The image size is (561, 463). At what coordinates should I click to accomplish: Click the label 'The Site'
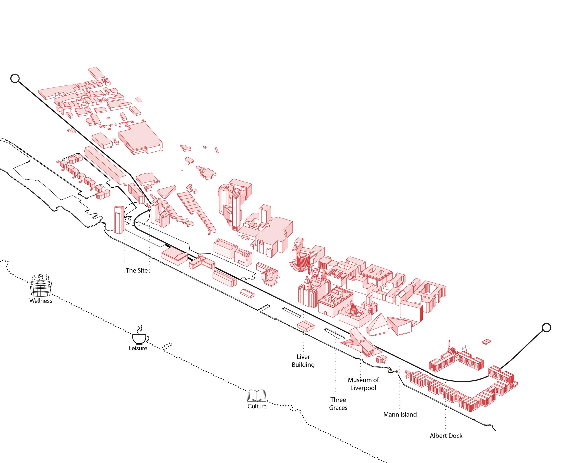coord(137,270)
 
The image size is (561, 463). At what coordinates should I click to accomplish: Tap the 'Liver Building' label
coord(303,361)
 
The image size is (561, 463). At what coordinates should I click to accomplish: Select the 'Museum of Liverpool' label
coord(363,384)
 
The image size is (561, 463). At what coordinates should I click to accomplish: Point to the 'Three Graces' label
coord(338,403)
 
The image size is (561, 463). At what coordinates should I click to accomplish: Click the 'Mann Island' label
coord(400,414)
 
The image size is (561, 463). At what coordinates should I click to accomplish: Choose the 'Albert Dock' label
coord(446,436)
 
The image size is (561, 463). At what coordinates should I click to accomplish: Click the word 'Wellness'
coord(41,301)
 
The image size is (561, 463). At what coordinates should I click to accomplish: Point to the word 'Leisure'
coord(138,348)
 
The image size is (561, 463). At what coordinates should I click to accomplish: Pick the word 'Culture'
coord(257,406)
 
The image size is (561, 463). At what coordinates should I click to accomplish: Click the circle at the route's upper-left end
coord(15,78)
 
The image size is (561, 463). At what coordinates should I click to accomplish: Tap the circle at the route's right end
coord(546,328)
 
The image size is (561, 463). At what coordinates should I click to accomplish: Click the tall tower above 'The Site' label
coord(119,220)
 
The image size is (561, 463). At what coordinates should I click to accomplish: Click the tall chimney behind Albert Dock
coord(449,346)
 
